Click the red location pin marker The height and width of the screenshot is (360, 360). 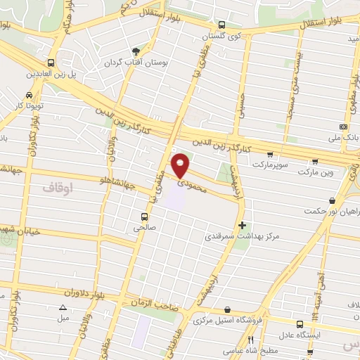[x=181, y=165]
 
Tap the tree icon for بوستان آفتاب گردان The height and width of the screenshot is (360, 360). [x=136, y=51]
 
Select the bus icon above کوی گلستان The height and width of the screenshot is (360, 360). [x=223, y=25]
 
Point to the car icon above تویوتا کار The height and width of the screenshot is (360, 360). [x=29, y=95]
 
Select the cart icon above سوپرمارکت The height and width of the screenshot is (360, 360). [x=269, y=153]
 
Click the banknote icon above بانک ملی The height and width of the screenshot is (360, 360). [x=343, y=127]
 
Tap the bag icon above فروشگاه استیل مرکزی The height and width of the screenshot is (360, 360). [x=227, y=309]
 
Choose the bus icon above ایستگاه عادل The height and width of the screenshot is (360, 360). [x=300, y=323]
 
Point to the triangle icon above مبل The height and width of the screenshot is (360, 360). [x=63, y=307]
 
